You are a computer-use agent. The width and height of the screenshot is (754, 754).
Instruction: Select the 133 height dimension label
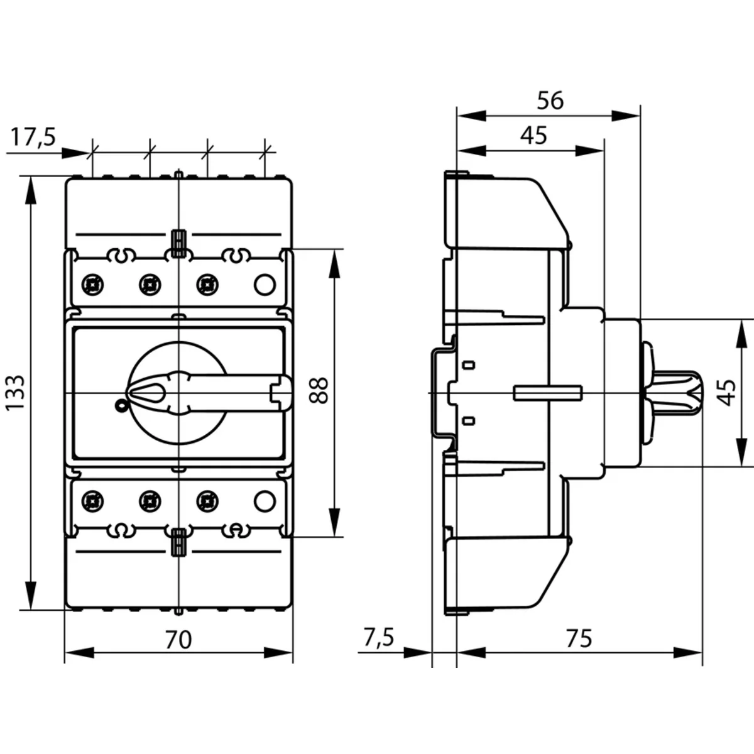coord(15,393)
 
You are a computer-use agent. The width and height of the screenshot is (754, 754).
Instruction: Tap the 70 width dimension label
coord(178,640)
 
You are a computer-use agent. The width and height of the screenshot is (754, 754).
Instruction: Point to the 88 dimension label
coord(320,390)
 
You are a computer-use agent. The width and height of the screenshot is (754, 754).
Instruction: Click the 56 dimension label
coord(550,101)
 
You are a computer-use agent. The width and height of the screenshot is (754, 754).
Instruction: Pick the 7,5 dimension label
coord(378,638)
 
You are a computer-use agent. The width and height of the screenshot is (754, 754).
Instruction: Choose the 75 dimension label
coord(579,638)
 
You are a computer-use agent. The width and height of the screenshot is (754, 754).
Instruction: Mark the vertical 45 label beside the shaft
coord(727,393)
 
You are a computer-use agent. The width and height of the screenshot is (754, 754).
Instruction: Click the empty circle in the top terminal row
coord(265,285)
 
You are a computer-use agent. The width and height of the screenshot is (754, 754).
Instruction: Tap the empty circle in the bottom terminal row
coord(265,501)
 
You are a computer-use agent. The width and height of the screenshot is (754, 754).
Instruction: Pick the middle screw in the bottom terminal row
coord(149,501)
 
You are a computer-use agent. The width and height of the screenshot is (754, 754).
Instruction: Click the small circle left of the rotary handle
coord(120,406)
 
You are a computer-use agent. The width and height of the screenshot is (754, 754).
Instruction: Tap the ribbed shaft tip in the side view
coord(691,393)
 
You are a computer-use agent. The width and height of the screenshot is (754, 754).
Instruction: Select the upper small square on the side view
coord(469,365)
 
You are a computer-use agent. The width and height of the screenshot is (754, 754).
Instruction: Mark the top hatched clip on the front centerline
coord(178,244)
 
